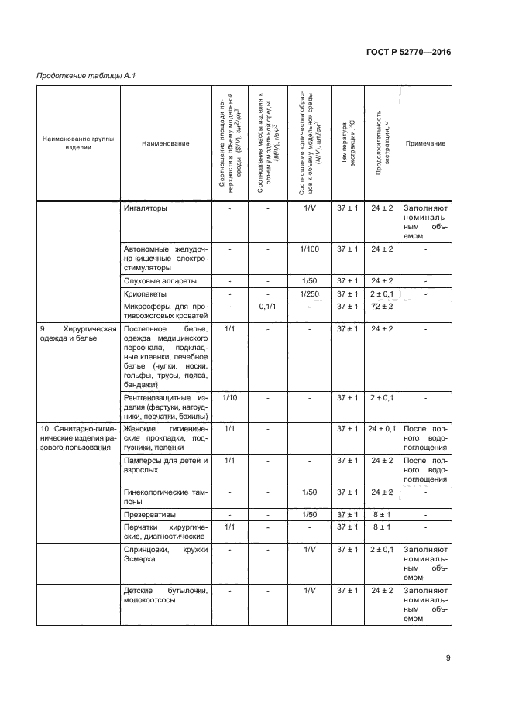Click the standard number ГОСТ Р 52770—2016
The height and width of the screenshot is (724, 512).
coord(408,53)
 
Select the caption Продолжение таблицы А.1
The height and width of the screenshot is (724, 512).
coord(86,75)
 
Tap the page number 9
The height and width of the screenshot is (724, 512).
coord(448,658)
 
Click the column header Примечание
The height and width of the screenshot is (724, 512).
coord(425,143)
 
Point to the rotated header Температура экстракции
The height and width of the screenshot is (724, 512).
coord(347,143)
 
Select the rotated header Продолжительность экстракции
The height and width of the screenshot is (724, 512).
coord(383,143)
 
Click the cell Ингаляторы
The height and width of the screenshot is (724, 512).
coord(146,208)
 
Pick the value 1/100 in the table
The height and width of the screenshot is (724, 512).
coord(308,249)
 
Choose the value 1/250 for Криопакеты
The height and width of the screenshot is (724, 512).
coord(308,295)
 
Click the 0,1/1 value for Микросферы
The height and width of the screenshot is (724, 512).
coord(266,307)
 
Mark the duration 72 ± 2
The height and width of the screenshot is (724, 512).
coord(382,307)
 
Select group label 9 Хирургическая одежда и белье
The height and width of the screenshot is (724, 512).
coord(77,335)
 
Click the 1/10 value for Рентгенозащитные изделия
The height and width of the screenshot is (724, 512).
coord(229,397)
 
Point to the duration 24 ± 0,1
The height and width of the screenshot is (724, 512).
coord(382,428)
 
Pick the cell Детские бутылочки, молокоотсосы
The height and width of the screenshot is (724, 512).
coord(166,595)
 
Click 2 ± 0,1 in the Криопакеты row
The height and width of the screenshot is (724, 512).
coord(382,295)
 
